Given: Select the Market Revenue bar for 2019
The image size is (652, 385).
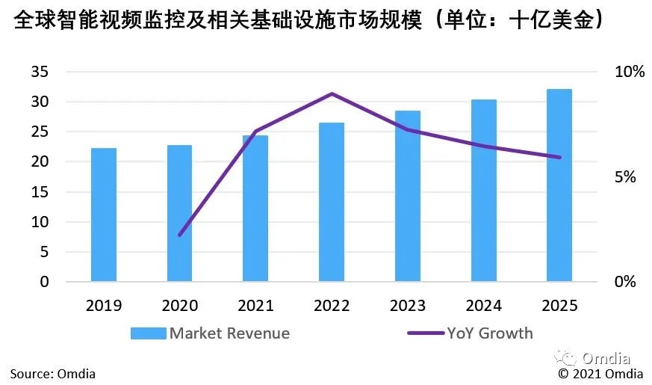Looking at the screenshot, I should click(104, 215).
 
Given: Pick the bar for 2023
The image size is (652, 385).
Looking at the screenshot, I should click(407, 196).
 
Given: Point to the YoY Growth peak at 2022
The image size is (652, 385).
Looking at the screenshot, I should click(332, 94).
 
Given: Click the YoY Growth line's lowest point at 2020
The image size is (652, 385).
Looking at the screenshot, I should click(180, 235).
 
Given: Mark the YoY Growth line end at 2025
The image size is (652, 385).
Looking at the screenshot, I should click(559, 157).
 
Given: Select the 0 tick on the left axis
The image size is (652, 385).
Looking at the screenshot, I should click(44, 283).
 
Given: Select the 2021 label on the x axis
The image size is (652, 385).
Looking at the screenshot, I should click(255, 306).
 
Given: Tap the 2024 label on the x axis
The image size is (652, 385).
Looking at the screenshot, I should click(482, 306).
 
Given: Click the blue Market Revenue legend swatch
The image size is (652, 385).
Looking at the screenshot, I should click(148, 333).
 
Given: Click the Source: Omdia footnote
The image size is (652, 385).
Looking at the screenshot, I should click(53, 373).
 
